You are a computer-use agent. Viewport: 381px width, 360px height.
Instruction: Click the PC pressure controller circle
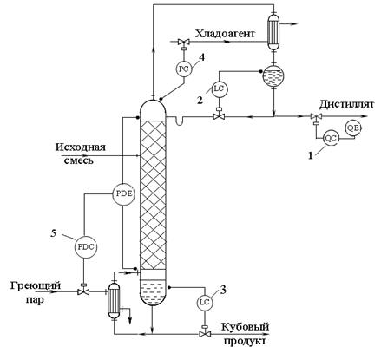click(183, 69)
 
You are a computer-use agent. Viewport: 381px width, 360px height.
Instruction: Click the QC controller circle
click(331, 138)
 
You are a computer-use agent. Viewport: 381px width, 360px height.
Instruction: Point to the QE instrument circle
click(353, 128)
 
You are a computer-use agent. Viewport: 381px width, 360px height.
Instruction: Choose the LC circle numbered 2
click(220, 88)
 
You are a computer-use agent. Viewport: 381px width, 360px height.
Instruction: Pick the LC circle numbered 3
click(205, 302)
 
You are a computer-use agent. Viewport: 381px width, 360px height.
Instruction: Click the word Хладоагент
click(225, 34)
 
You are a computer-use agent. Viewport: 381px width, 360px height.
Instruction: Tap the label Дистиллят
click(346, 104)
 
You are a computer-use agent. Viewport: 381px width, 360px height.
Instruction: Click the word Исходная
click(81, 147)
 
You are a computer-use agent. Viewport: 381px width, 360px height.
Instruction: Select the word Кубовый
click(246, 327)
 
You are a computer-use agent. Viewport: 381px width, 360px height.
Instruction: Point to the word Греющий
click(36, 285)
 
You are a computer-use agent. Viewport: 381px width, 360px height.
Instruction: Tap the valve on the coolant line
click(183, 43)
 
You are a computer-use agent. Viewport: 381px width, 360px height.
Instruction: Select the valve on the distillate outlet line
click(317, 117)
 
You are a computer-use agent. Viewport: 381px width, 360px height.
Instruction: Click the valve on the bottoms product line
click(205, 333)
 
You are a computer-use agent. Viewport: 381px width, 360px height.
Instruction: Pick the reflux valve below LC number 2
click(220, 115)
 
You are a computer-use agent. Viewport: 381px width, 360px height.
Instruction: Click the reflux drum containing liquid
click(273, 75)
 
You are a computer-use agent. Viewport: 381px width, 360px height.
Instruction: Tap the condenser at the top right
click(273, 31)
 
